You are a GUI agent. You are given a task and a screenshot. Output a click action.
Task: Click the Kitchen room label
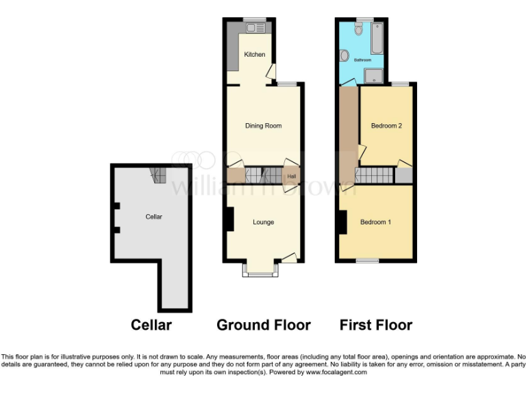[255, 55]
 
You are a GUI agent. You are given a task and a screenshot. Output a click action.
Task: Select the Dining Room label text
[264, 126]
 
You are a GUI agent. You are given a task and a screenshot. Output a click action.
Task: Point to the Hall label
[292, 176]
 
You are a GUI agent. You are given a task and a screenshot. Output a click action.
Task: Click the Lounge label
[264, 222]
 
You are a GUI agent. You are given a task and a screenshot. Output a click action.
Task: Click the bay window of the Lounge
[261, 271]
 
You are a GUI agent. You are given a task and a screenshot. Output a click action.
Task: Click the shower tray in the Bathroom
[374, 75]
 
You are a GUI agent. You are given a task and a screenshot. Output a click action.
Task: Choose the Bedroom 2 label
[386, 126]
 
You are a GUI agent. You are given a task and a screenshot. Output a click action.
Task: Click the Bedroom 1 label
[375, 222]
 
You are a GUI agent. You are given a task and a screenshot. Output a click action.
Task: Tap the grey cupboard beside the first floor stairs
[404, 175]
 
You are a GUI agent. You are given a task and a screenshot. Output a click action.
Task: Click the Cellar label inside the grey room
[154, 217]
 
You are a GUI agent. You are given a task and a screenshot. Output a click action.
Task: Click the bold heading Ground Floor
[264, 325]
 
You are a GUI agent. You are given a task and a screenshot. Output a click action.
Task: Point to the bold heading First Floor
[376, 325]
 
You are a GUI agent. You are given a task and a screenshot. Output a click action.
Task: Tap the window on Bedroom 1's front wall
[368, 261]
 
